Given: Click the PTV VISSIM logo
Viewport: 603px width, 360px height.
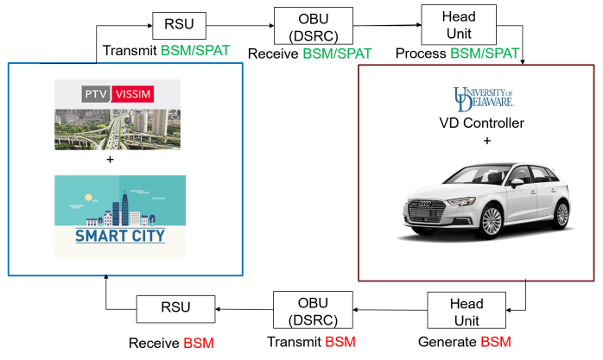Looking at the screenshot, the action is click(x=117, y=94).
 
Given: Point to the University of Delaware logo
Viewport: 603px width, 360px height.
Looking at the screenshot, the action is click(x=484, y=99).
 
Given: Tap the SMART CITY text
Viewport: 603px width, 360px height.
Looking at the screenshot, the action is click(x=120, y=236).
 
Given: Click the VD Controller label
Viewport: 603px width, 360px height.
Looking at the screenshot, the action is click(x=481, y=123).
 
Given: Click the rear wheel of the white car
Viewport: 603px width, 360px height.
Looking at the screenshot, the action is click(x=562, y=213).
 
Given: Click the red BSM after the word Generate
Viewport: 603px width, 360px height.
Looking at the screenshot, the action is click(x=496, y=342).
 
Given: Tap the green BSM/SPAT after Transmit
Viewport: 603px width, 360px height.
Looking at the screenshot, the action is click(x=195, y=50).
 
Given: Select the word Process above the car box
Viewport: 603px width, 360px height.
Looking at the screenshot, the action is click(x=421, y=53).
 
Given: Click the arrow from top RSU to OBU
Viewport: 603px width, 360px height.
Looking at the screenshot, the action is click(x=240, y=26).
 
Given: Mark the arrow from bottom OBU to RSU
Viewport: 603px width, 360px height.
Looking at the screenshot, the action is click(x=244, y=309).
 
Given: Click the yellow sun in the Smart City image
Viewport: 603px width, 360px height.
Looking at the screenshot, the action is click(x=88, y=198).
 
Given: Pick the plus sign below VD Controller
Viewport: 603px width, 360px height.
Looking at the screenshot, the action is click(x=487, y=141).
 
